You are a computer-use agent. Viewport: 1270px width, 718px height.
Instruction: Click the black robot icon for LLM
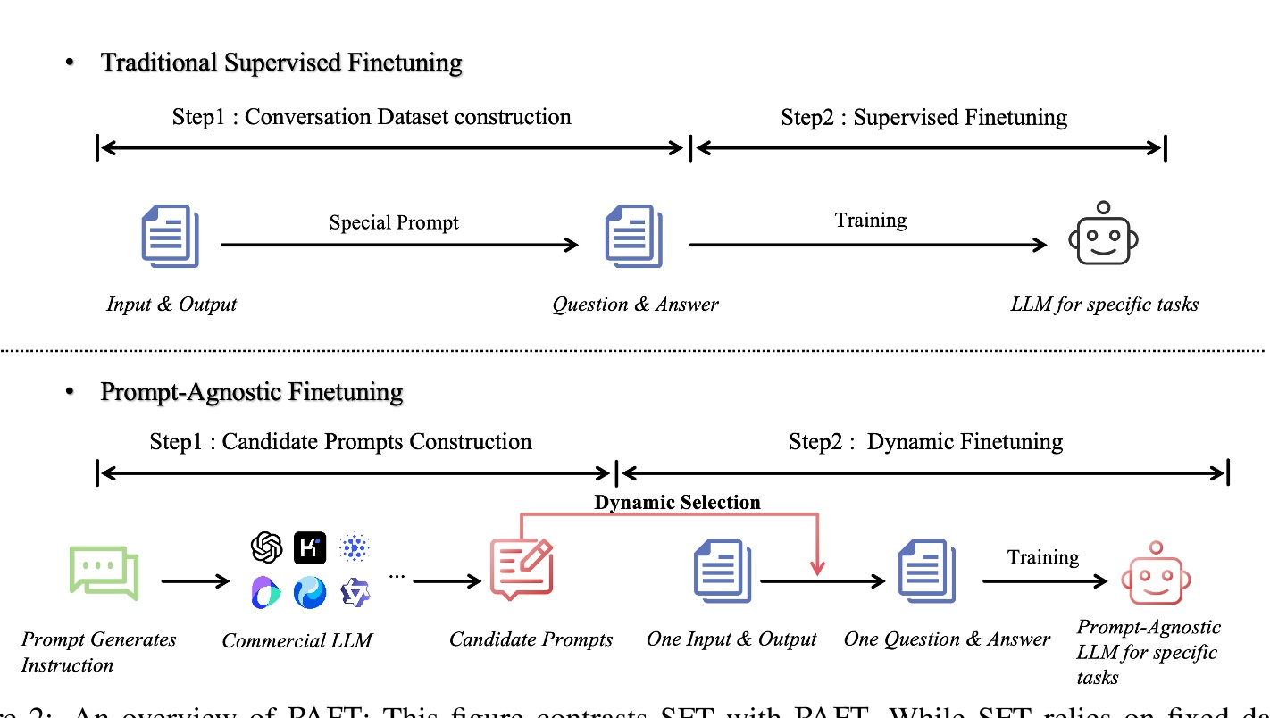coord(1103,235)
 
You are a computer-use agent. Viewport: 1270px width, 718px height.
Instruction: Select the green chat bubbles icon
coord(104,572)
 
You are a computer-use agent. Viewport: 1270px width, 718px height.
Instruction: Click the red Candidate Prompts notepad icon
coord(522,568)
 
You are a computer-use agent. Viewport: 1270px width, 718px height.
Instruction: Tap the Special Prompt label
coord(394,222)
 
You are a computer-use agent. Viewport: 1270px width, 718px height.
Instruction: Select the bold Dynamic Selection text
coord(677,502)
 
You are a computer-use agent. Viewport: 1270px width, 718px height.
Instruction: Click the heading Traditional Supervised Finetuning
coord(281,63)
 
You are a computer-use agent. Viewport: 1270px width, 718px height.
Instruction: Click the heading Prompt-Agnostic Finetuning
coord(252,391)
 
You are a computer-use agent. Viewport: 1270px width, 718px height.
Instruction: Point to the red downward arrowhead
coord(816,568)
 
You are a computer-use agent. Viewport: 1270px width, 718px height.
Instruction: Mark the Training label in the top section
coord(870,220)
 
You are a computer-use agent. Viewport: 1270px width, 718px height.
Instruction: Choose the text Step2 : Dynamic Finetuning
coord(925,441)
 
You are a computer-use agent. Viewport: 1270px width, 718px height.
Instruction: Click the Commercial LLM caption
coord(297,640)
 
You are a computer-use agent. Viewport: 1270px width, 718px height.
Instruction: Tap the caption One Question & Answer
coord(947,639)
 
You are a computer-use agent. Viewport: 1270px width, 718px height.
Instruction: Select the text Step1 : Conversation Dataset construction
coord(371,116)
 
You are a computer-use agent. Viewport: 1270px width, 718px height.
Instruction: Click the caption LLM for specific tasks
coord(1104,304)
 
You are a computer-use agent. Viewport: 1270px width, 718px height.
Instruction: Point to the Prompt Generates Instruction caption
coord(98,652)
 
